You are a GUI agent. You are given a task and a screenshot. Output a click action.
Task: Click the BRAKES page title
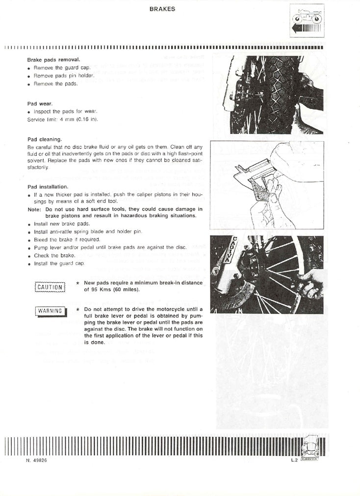point(162,9)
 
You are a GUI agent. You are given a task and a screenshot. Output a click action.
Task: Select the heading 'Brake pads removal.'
point(53,60)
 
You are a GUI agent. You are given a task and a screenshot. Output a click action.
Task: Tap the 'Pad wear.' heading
point(40,104)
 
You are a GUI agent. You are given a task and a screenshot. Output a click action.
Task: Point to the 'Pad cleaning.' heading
point(45,139)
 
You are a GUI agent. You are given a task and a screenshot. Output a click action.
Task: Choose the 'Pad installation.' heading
point(48,187)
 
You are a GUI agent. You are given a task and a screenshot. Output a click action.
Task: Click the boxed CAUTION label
point(50,287)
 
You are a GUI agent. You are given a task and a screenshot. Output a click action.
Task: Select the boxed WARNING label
point(51,311)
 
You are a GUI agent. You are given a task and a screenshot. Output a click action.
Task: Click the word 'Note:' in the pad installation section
point(35,209)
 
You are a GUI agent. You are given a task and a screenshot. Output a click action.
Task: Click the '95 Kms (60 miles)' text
point(112,289)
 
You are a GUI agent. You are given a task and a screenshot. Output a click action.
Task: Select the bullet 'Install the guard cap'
point(59,263)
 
